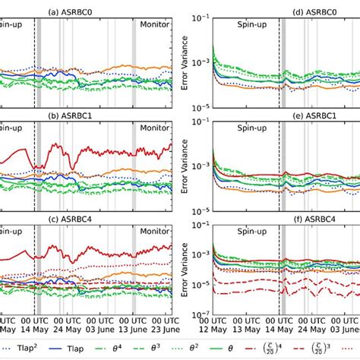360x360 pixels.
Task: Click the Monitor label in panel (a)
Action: coord(155,24)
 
